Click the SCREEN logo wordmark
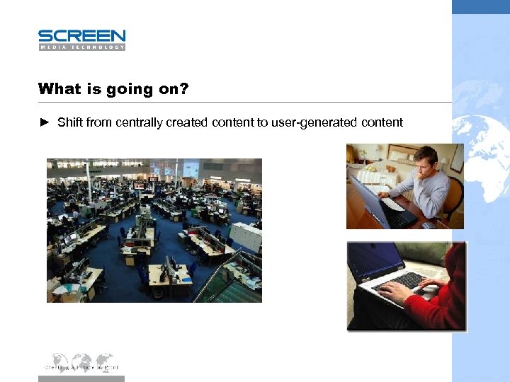pos(81,35)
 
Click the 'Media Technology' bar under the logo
pos(81,47)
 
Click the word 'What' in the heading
pos(59,89)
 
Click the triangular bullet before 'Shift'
pos(44,122)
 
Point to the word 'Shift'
pos(69,122)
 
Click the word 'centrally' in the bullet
pos(137,122)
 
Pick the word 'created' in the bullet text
pos(186,122)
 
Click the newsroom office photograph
pos(154,230)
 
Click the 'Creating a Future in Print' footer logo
pos(81,362)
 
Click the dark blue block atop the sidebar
pos(481,6)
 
